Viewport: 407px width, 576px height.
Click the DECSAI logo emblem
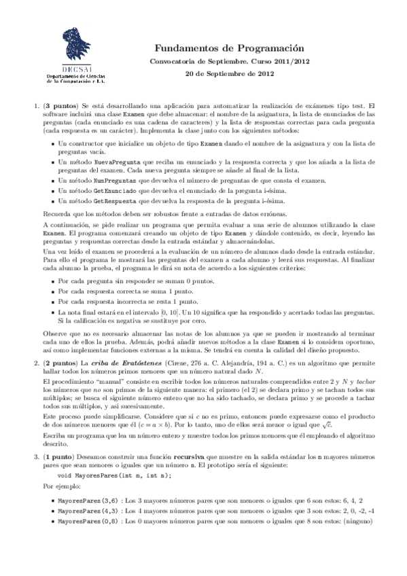tap(78, 48)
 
